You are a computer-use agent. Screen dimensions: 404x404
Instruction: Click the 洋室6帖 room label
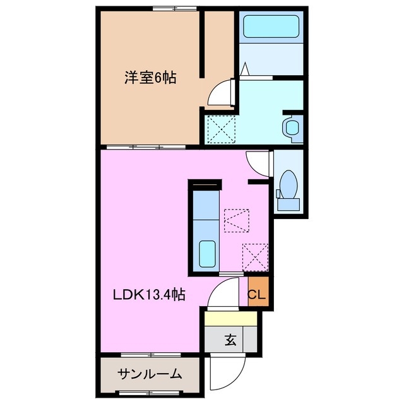(150, 78)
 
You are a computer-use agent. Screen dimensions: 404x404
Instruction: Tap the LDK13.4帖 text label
(149, 295)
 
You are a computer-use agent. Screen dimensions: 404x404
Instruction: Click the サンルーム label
(150, 374)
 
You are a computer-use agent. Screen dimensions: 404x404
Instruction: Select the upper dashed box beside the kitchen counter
(237, 220)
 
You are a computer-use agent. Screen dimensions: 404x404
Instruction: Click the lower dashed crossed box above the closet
(255, 257)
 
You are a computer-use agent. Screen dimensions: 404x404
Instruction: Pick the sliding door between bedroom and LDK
(145, 146)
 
